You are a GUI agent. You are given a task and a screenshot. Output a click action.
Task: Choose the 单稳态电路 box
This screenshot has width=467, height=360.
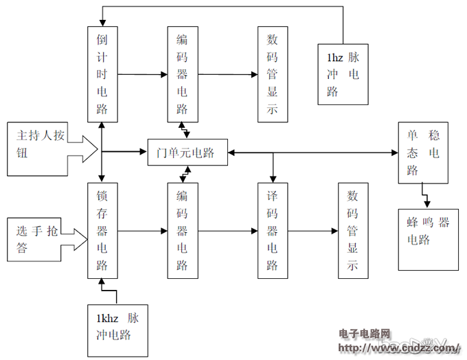tap(423, 153)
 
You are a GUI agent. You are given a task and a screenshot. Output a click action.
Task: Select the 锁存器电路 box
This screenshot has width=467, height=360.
tap(102, 230)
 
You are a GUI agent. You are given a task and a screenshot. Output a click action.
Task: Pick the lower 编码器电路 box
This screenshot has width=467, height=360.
tap(183, 230)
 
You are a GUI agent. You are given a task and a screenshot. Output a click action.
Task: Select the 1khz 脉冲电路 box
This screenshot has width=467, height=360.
tap(117, 329)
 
